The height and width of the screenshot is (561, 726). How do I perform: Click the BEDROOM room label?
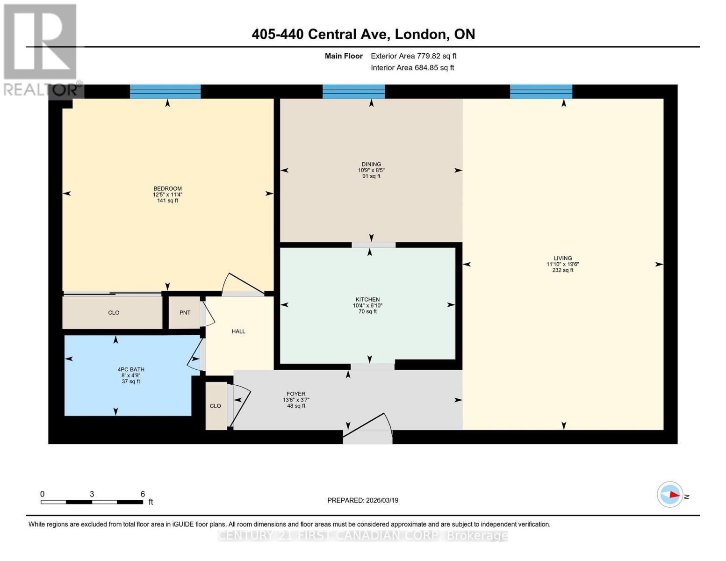(x=167, y=189)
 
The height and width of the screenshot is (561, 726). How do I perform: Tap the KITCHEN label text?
(x=367, y=300)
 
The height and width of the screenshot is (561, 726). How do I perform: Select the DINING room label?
(x=371, y=165)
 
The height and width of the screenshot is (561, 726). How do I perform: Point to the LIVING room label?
(x=562, y=258)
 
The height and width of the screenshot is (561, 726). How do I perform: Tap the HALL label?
(x=238, y=331)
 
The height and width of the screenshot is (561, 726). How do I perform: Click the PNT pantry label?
(x=185, y=313)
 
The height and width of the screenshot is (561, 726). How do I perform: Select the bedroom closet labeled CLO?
(x=114, y=313)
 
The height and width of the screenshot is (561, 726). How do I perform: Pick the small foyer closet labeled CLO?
(x=216, y=406)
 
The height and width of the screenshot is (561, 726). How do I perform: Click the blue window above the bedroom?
(x=165, y=92)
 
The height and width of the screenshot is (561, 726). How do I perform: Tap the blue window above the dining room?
(x=353, y=92)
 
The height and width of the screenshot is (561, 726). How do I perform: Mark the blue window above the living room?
(x=541, y=92)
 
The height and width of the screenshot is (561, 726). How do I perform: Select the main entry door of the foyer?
(x=368, y=428)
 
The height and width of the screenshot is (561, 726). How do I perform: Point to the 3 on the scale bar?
(x=92, y=494)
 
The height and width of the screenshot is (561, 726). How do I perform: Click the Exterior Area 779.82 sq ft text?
(x=413, y=56)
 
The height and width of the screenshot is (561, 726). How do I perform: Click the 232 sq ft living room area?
(x=562, y=270)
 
